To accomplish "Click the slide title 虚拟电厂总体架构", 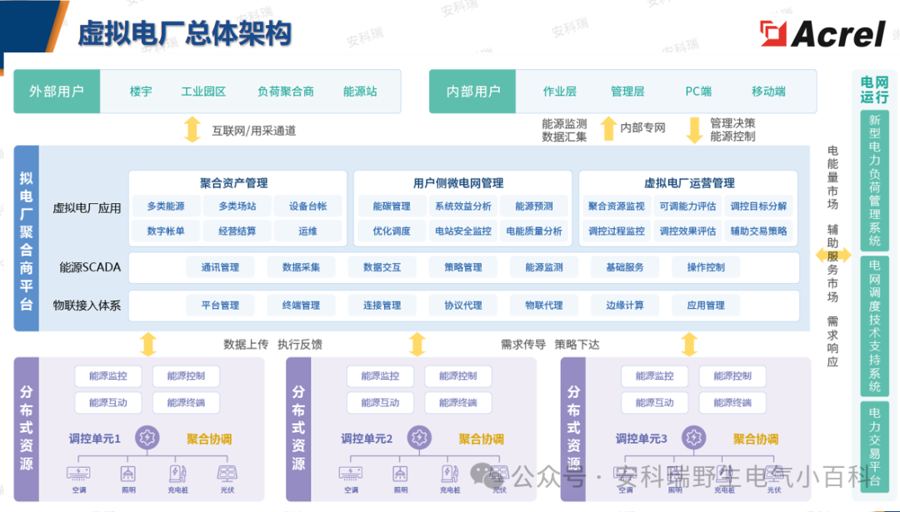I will tap(184, 33).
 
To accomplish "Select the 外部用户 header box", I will tap(57, 92).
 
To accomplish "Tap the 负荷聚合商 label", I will tap(285, 92).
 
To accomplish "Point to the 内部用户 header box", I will tap(473, 92).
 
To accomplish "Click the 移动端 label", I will tap(768, 92).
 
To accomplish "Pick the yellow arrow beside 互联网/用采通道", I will tap(192, 130).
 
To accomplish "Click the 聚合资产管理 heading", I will tap(233, 183).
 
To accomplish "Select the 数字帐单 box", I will tap(166, 231).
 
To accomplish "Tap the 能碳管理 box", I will tap(392, 206).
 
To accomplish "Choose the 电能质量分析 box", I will tap(534, 231).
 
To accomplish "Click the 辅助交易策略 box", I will tap(758, 231).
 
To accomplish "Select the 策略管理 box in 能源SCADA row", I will tap(463, 267).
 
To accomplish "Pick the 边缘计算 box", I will tap(625, 306).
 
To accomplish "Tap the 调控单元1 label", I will tap(95, 438).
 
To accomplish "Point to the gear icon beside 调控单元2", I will tap(417, 436).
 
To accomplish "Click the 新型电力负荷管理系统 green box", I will tap(874, 179).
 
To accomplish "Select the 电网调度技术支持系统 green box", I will tap(874, 325).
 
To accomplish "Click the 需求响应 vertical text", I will tap(832, 341).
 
